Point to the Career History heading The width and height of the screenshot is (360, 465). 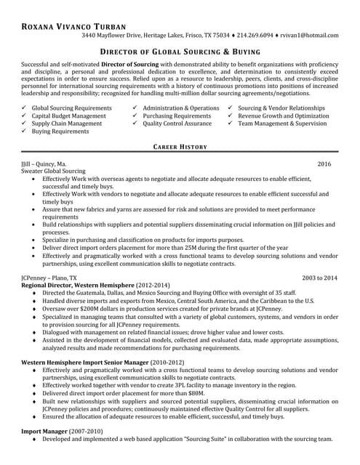point(180,147)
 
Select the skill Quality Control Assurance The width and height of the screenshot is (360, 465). point(177,124)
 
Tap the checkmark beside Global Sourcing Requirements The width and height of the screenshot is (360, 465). point(25,108)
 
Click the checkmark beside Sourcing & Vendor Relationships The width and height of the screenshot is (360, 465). point(231,108)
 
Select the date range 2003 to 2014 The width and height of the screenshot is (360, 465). point(319,278)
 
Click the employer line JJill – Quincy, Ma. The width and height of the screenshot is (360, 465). point(44,164)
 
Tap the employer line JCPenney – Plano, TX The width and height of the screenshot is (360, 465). point(49,278)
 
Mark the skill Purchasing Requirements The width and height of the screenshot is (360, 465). point(177,116)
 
